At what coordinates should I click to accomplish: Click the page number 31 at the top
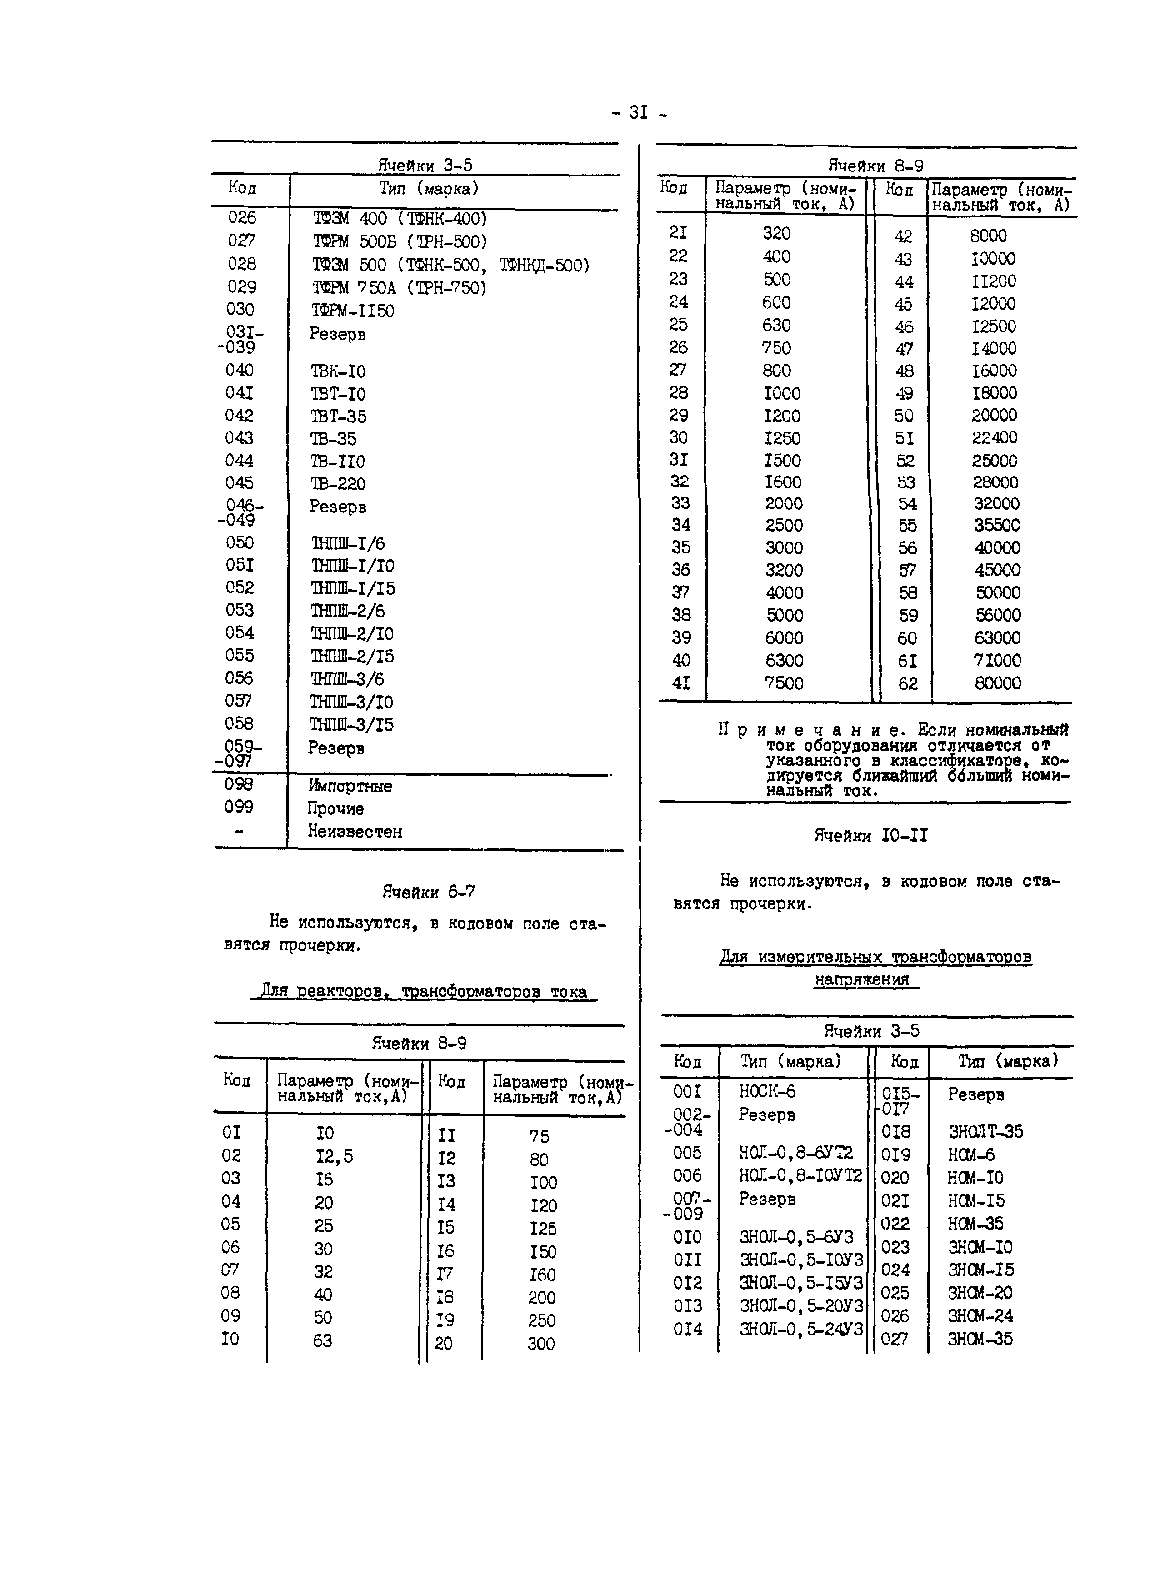point(638,113)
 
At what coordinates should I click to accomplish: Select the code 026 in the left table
point(242,217)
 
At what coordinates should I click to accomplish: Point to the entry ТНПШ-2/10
point(352,634)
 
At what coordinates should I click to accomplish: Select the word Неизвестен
point(355,832)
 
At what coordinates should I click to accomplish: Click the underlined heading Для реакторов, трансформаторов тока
point(424,992)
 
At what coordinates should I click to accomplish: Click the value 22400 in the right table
point(995,438)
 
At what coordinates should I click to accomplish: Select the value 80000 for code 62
point(998,683)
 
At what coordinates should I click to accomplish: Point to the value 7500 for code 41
point(784,683)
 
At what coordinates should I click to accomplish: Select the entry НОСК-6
point(767,1091)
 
